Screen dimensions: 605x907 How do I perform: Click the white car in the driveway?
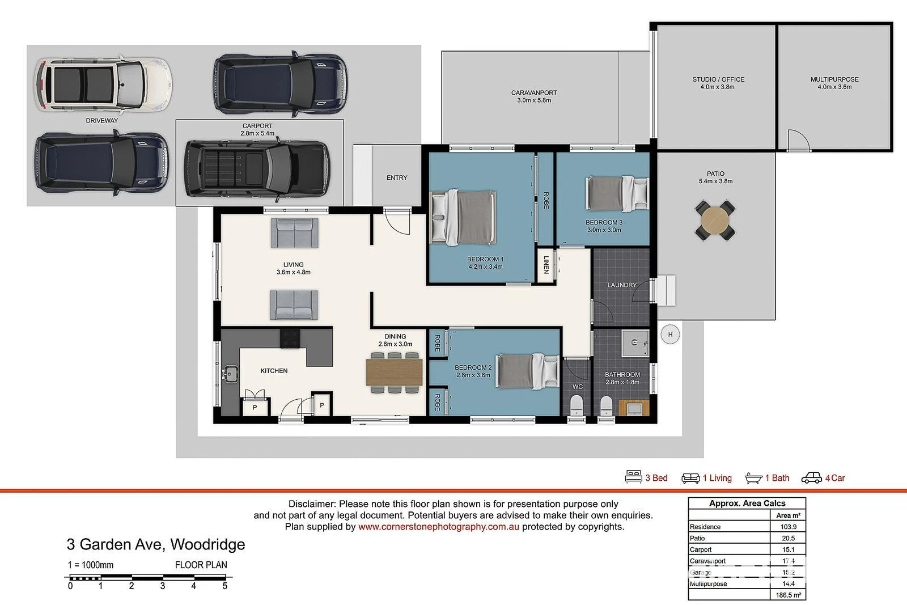(x=103, y=85)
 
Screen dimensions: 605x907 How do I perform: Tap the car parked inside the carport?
(x=257, y=169)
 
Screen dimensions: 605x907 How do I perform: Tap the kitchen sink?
(x=230, y=374)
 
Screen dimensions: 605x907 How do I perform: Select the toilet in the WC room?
(x=576, y=406)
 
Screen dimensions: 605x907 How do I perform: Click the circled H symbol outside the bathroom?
(x=670, y=335)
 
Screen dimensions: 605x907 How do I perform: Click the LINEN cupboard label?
(x=546, y=265)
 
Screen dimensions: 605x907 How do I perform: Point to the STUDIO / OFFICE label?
(x=718, y=79)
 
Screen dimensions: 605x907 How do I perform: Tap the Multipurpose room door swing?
(x=797, y=141)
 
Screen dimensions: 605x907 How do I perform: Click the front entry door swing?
(x=397, y=222)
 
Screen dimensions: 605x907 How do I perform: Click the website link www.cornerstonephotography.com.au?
(x=439, y=527)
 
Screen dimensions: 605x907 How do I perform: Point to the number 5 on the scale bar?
(x=224, y=586)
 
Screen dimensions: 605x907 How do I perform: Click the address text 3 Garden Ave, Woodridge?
(x=156, y=544)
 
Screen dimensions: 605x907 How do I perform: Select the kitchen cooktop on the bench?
(x=290, y=339)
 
